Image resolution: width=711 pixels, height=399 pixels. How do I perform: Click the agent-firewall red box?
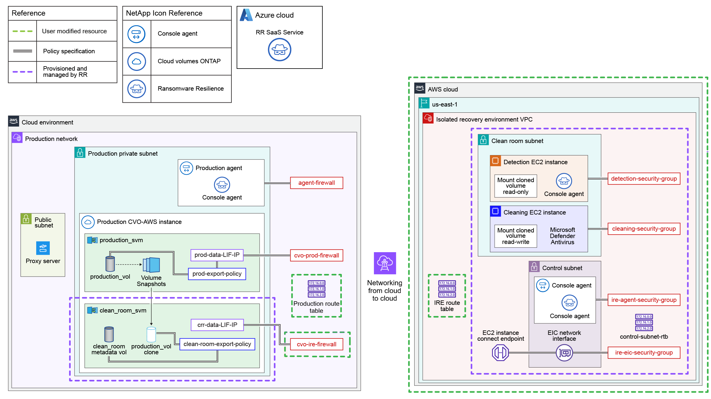point(316,183)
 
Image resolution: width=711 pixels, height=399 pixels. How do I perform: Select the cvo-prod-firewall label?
point(316,255)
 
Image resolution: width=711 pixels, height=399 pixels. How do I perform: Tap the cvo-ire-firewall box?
point(316,344)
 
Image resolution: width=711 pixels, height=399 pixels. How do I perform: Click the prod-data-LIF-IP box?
point(217,255)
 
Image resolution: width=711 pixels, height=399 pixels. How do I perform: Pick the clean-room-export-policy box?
point(217,344)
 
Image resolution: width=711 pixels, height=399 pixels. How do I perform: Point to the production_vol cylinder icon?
point(110,264)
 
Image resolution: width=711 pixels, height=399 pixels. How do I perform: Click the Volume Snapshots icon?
point(151,265)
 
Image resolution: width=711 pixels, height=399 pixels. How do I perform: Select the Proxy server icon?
point(43,248)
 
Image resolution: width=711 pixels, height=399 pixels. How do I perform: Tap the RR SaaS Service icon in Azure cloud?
point(279,50)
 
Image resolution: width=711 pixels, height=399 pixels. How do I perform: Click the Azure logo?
point(246,15)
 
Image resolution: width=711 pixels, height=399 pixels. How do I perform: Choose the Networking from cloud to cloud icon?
point(384,263)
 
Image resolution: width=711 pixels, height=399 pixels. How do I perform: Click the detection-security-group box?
point(644,179)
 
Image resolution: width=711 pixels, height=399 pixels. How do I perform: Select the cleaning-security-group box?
point(644,229)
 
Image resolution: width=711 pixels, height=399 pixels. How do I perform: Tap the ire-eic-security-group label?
point(644,353)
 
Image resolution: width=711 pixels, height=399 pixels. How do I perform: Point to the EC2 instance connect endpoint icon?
point(500,353)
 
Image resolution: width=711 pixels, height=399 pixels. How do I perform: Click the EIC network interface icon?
point(564,353)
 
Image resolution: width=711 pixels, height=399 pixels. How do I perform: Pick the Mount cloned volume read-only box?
point(516,186)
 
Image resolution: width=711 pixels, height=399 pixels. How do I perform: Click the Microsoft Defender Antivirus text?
point(562,236)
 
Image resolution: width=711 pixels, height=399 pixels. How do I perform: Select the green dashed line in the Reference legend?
point(22,31)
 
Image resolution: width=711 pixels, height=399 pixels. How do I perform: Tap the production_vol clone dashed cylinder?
point(151,335)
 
